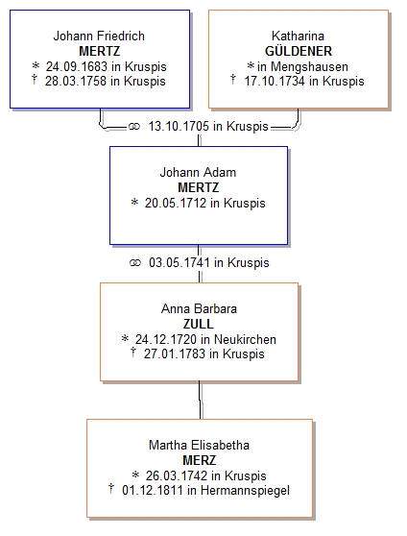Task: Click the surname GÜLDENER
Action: (299, 51)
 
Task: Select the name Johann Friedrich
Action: (99, 36)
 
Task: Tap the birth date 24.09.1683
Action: (77, 66)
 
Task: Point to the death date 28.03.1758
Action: (76, 82)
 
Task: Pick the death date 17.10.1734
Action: (275, 82)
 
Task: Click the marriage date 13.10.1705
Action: (179, 126)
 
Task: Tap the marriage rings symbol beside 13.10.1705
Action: (134, 127)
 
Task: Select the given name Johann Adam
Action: (198, 172)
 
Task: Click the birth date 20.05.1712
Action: (176, 203)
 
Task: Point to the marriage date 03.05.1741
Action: (180, 263)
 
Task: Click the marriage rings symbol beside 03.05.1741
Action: (135, 263)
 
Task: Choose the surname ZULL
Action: (198, 324)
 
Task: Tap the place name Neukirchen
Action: (245, 339)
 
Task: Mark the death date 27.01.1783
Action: (175, 353)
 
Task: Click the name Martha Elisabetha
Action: (199, 445)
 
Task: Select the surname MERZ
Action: (200, 460)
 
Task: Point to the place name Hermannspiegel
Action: (245, 491)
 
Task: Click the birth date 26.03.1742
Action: (177, 475)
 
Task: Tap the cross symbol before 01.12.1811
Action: (110, 489)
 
